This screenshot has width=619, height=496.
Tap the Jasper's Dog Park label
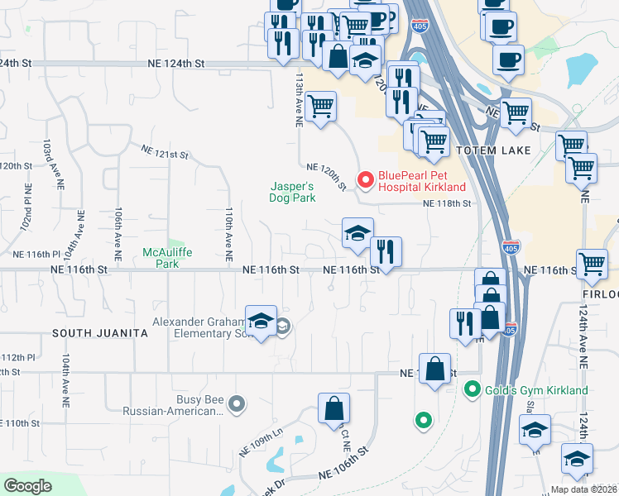[292, 192]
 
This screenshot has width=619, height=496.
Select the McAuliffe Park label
[161, 258]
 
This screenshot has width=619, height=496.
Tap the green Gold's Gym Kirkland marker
[473, 388]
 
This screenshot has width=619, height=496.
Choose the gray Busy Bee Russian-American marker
[238, 403]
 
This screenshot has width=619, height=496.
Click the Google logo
[27, 486]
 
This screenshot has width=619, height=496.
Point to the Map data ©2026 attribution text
[583, 489]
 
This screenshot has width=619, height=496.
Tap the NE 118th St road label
[447, 203]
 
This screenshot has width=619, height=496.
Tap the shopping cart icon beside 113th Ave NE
[320, 105]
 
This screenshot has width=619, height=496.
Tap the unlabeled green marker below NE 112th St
[424, 421]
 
